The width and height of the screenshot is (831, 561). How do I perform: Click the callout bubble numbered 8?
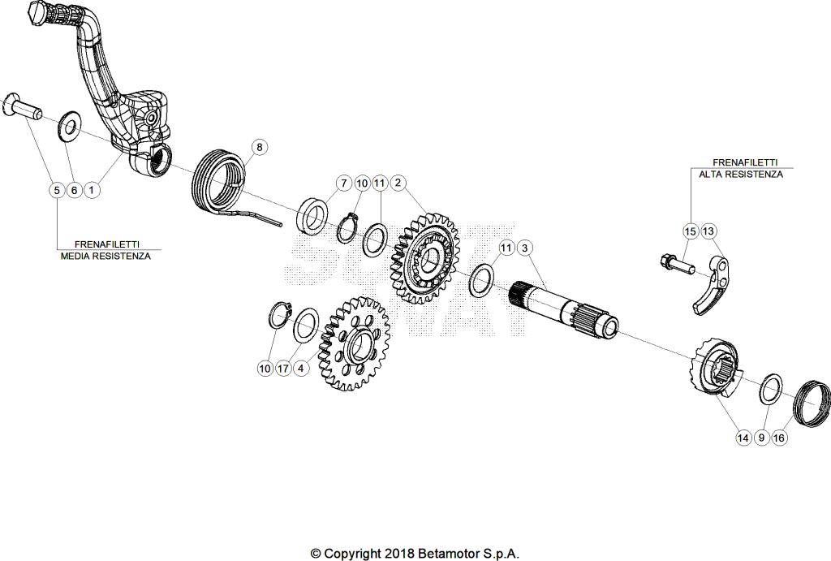(x=259, y=147)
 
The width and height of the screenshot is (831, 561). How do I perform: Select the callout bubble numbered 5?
(x=55, y=190)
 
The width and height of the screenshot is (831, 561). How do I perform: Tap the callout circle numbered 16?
(x=780, y=438)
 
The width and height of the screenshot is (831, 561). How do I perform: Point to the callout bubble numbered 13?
(x=708, y=231)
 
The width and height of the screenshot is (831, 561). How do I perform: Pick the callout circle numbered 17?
(x=282, y=368)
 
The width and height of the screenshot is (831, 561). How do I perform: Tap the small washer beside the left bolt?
(x=67, y=125)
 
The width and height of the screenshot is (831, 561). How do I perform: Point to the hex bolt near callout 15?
(x=674, y=261)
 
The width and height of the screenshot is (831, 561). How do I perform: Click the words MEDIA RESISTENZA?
(x=105, y=255)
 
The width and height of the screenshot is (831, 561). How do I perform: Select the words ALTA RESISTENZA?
(x=741, y=174)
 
